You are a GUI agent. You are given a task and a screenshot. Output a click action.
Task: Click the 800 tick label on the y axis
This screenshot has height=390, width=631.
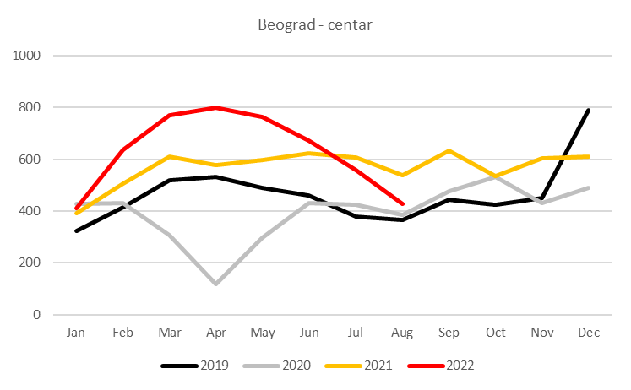[30, 107]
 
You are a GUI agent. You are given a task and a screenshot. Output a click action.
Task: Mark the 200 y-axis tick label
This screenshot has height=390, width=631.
[30, 263]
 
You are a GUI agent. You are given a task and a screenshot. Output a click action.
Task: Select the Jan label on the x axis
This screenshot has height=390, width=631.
[77, 333]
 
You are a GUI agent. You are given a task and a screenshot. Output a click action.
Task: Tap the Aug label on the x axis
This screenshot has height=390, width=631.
[402, 333]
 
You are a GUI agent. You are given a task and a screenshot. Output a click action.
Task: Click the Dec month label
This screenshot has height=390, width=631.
[589, 333]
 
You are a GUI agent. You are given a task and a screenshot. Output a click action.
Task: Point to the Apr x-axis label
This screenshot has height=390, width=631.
[216, 333]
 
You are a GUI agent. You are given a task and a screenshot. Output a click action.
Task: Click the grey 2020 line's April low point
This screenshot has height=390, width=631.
[216, 284]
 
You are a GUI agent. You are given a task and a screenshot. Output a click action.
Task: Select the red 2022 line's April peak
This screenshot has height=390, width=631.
[216, 107]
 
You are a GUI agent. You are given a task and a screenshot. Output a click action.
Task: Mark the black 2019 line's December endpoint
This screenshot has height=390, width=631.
[589, 110]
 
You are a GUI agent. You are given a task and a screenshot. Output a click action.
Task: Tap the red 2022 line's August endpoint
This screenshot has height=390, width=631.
[403, 203]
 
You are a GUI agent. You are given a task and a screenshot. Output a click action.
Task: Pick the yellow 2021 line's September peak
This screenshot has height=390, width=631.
[449, 150]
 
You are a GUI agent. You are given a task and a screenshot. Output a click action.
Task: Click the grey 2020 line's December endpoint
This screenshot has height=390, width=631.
[589, 187]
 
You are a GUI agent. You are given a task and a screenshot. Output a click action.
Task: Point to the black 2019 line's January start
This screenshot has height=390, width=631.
[77, 230]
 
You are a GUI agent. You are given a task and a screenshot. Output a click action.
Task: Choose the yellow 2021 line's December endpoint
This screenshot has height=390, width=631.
[589, 156]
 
